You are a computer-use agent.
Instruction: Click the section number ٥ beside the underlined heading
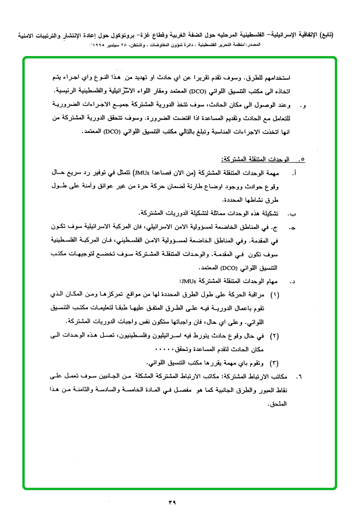303,160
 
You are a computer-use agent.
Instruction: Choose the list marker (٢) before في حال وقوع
275,336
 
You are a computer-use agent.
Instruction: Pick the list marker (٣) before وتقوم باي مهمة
275,363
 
